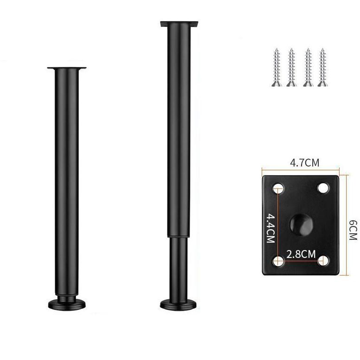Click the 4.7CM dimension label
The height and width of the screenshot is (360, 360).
tap(305, 163)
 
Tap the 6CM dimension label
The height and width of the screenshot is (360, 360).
tap(353, 230)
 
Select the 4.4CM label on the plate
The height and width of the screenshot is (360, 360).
tap(270, 228)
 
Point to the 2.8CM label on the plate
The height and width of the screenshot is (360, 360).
tap(301, 254)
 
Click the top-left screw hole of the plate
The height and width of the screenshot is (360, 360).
tap(278, 188)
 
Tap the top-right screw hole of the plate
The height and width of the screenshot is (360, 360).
tap(323, 188)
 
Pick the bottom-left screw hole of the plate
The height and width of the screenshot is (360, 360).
tap(278, 261)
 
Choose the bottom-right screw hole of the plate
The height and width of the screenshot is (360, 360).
tap(323, 261)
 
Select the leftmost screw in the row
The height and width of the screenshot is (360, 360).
tap(276, 68)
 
